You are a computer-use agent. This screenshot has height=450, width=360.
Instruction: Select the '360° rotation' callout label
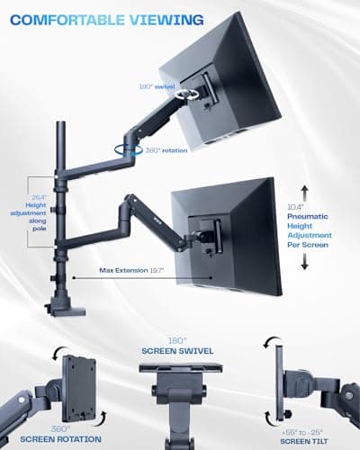tap(169, 150)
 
